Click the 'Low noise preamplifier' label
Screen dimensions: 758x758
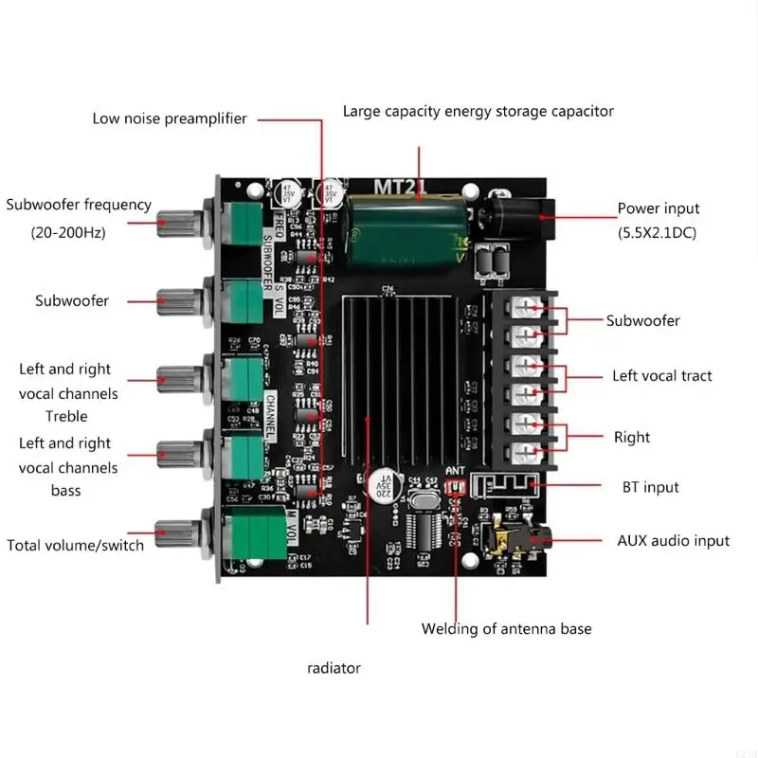170,118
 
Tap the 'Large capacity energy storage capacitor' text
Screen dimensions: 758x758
478,111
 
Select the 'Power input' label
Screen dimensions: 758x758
659,208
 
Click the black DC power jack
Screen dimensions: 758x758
516,216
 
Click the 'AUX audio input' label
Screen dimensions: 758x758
674,540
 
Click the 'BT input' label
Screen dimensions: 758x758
648,487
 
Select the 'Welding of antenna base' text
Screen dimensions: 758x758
506,628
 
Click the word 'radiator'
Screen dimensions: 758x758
334,668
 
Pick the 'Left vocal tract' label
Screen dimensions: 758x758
661,376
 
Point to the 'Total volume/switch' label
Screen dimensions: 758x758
76,545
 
